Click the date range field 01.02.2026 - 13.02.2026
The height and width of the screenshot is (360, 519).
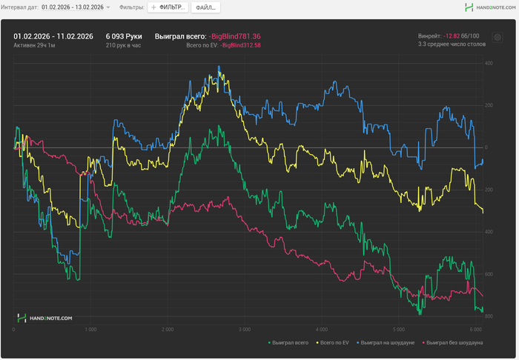pos(75,7)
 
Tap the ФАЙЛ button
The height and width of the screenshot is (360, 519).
pos(205,7)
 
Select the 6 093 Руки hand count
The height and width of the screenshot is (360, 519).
pos(123,36)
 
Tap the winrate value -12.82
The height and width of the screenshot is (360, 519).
pos(452,36)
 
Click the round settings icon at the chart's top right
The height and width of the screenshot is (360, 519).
pos(497,37)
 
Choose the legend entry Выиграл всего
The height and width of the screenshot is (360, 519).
pos(290,343)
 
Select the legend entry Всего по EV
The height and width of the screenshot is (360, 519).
pos(334,343)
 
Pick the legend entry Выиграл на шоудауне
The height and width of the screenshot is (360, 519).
pos(386,343)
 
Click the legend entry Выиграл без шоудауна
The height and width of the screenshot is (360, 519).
pos(452,343)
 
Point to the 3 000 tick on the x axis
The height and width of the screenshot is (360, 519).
pos(244,329)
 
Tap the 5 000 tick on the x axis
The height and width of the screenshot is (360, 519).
pos(398,329)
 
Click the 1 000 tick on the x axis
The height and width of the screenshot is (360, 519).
pos(90,329)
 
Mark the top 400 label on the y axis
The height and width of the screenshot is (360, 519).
pos(489,64)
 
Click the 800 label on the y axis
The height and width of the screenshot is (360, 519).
pos(489,316)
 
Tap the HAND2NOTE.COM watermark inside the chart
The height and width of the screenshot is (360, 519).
pos(46,318)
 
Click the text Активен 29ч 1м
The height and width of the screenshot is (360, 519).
pos(34,46)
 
